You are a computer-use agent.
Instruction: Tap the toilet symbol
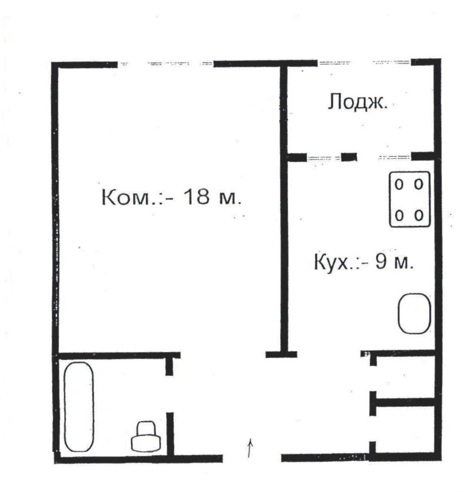(146, 437)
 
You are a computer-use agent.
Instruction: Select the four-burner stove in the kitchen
(410, 200)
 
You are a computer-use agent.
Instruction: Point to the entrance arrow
(250, 448)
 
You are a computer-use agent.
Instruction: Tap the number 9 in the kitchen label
(380, 262)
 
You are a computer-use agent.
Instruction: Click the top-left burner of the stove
(399, 185)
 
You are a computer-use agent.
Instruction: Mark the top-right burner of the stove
(419, 184)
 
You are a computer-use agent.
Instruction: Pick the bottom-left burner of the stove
(399, 216)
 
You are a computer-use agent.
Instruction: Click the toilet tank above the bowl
(146, 428)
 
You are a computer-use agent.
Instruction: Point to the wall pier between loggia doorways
(349, 157)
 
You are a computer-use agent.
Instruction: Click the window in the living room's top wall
(166, 64)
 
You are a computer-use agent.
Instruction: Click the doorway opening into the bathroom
(170, 394)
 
